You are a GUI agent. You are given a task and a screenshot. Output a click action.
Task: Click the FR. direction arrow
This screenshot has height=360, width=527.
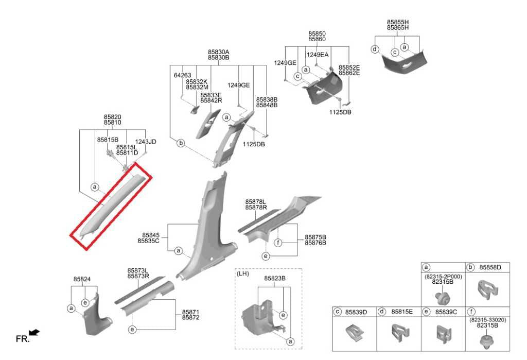[x=34, y=332]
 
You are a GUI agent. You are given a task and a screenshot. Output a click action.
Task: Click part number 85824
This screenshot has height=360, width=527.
[x=82, y=279]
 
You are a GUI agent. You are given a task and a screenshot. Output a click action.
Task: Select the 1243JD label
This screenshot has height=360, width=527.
[x=146, y=142]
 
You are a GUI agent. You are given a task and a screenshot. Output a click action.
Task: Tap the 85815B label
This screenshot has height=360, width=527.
[x=108, y=140]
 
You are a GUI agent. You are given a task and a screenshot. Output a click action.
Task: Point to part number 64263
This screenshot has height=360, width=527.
[x=183, y=75]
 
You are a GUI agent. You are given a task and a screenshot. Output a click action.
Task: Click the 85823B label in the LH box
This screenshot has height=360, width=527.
[x=275, y=279]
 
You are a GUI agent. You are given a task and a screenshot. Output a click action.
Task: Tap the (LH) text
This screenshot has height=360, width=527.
[x=243, y=273]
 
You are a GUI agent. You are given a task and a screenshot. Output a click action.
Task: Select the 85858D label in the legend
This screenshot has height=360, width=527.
[x=490, y=267]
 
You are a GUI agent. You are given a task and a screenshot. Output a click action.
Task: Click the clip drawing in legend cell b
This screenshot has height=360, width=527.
[x=487, y=290]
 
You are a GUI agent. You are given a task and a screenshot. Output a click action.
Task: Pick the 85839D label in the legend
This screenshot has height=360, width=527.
[x=356, y=312]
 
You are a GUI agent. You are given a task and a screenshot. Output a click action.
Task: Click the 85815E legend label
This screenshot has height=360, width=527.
[x=401, y=312]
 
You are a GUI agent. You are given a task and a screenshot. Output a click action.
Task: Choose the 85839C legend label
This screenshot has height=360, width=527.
[x=446, y=312]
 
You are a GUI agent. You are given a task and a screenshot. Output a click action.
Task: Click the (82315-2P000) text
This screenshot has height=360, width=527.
[x=443, y=277]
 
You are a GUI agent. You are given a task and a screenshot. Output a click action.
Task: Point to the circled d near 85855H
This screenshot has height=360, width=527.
[x=375, y=49]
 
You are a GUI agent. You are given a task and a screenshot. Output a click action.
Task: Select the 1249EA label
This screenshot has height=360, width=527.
[x=317, y=55]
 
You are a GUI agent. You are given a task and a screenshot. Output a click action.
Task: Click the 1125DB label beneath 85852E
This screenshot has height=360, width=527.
[x=340, y=112]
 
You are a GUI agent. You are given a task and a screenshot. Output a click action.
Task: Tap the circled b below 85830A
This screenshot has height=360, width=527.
[x=181, y=143]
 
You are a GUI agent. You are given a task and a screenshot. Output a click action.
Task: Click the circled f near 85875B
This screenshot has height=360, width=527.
[x=277, y=243]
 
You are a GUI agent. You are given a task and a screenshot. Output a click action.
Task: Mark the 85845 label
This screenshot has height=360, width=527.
[x=151, y=235]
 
